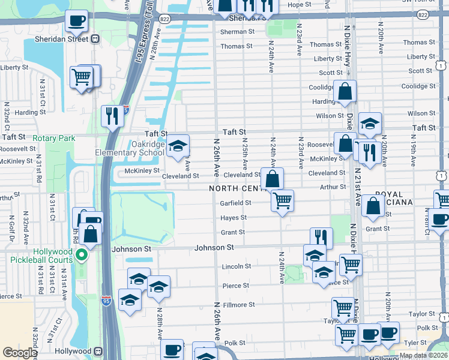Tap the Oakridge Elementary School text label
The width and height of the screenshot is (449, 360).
[x=130, y=148]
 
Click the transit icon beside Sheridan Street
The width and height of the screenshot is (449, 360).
[x=95, y=39]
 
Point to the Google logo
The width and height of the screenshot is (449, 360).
[x=20, y=353]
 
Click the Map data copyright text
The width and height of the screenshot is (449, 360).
[x=423, y=355]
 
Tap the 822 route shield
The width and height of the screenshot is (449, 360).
[x=164, y=19]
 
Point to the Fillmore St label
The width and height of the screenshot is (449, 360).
[x=239, y=305]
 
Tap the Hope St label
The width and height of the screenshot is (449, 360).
[x=299, y=4]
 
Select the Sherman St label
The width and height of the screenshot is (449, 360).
[x=237, y=32]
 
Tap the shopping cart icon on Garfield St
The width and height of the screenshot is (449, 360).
[x=282, y=200]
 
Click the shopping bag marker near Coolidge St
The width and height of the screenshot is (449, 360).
[x=345, y=92]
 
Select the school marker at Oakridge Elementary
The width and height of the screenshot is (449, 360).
[x=178, y=146]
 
